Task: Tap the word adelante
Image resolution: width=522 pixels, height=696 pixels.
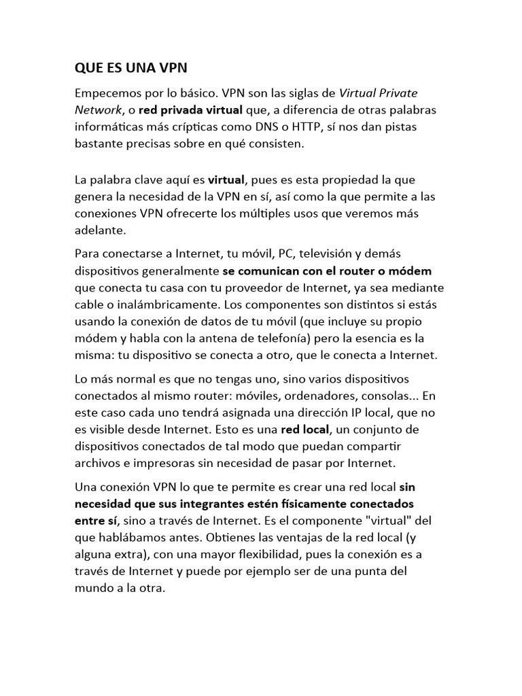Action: pos(101,230)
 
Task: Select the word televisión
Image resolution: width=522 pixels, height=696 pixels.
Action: pos(330,254)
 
